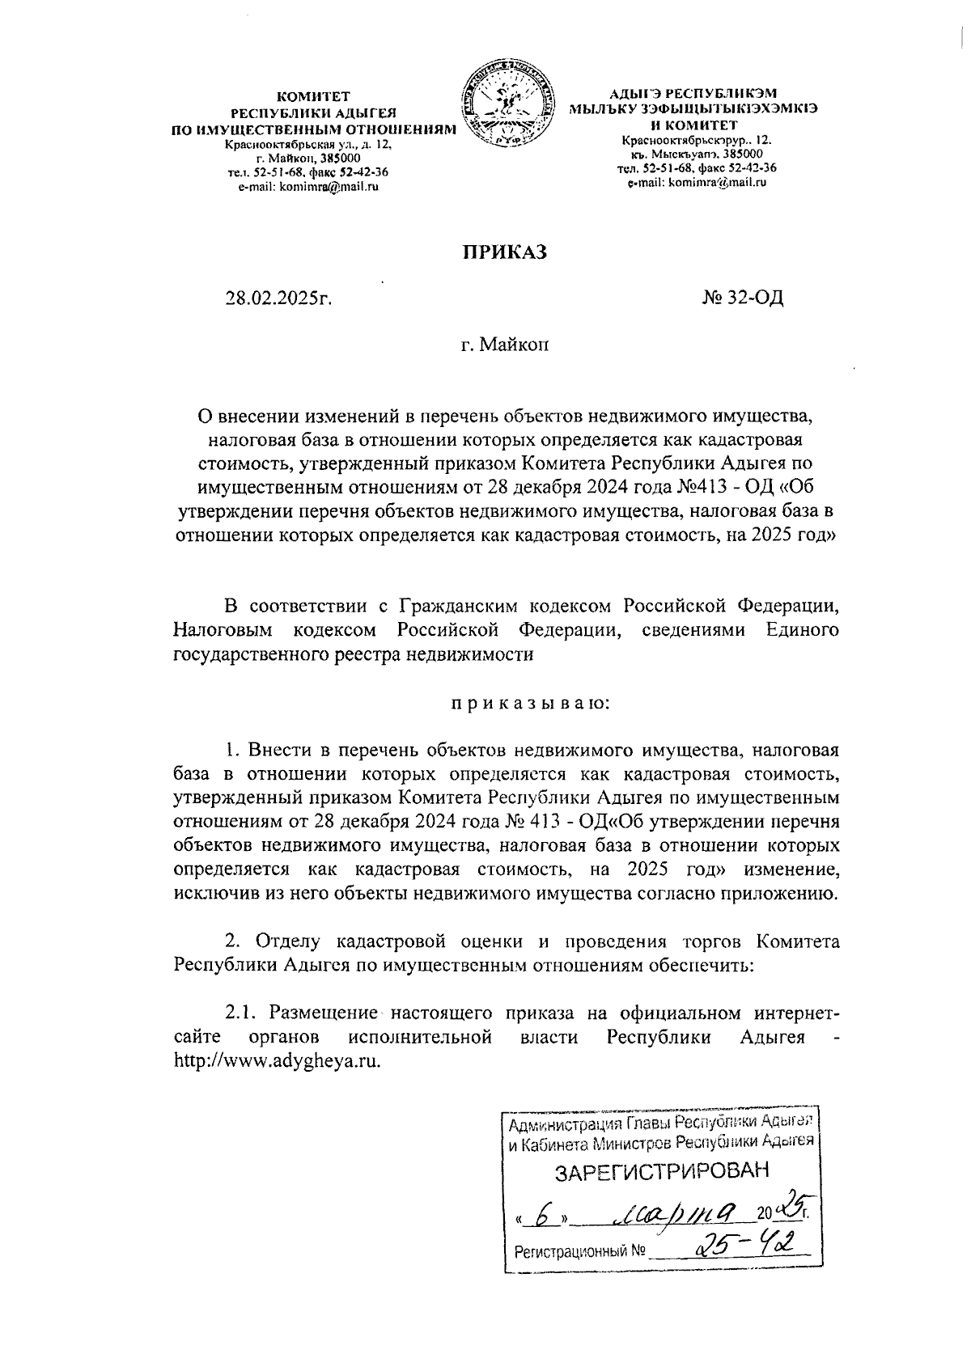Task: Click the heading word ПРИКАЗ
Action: click(504, 252)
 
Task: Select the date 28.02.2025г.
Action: click(280, 298)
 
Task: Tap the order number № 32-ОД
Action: click(742, 298)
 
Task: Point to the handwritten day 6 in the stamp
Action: click(548, 1213)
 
